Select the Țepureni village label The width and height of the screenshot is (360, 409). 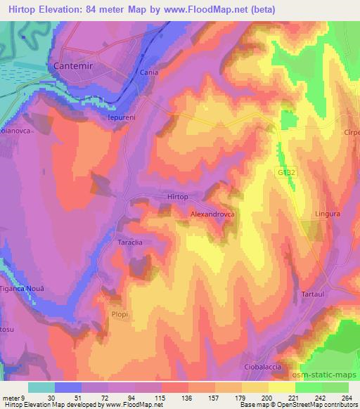point(125,117)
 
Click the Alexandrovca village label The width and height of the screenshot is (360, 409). point(212,211)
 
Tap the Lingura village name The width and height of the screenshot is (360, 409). point(327,214)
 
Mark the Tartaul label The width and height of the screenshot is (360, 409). point(314,292)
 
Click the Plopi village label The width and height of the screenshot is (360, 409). point(120,315)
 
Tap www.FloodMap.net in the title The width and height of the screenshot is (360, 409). point(214,10)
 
